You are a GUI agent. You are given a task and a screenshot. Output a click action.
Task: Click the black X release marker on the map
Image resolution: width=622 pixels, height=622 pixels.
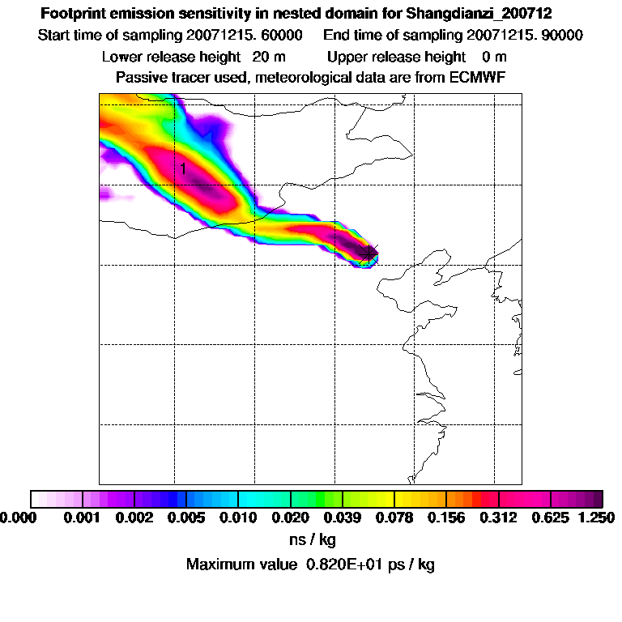coord(369,253)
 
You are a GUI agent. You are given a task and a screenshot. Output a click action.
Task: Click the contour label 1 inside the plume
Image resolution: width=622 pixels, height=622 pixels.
coord(184,168)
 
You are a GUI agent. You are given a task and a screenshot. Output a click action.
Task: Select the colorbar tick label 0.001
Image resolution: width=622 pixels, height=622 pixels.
coord(82,518)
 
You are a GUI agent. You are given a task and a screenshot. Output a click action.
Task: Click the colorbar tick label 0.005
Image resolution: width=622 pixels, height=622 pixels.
coord(185,518)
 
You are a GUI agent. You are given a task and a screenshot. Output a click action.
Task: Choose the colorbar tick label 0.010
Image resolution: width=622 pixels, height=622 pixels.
coord(238,518)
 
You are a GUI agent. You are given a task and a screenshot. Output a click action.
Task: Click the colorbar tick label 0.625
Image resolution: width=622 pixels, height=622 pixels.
coord(551,518)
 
